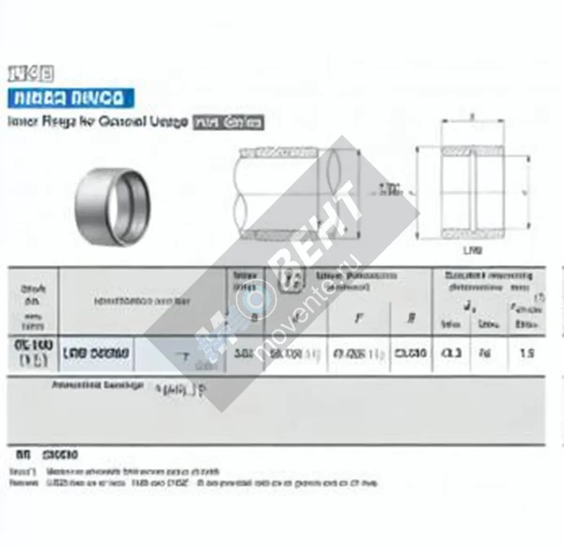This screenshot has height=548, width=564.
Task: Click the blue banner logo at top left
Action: [70, 98]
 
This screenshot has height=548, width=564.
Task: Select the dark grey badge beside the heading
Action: [228, 123]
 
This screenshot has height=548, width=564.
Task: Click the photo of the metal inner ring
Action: [113, 206]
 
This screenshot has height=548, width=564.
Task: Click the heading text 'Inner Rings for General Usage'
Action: [98, 122]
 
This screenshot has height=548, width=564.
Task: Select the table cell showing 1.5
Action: [527, 353]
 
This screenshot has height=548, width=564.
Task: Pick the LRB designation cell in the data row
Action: [96, 353]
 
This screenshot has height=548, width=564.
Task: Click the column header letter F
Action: [359, 318]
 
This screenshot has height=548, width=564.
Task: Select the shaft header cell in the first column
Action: [33, 301]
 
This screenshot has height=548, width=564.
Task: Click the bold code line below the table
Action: [47, 455]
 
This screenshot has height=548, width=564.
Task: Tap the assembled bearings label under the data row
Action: [97, 385]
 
